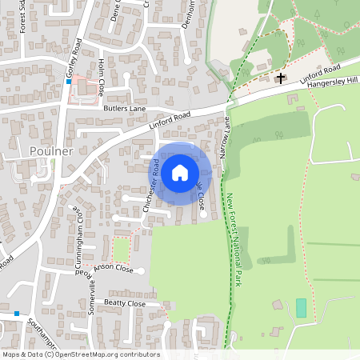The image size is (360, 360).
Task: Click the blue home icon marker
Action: click(180, 172)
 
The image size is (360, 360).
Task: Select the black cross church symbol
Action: click(280, 78)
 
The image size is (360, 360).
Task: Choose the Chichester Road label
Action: click(151, 186)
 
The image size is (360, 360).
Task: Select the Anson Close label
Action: click(113, 269)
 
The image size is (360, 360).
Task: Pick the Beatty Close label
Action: click(126, 304)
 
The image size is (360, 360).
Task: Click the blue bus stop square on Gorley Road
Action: click(69, 82)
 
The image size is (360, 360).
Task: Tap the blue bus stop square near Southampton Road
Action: click(16, 314)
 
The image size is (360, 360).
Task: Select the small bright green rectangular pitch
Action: click(301, 307)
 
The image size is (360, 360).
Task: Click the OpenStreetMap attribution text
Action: click(80, 354)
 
